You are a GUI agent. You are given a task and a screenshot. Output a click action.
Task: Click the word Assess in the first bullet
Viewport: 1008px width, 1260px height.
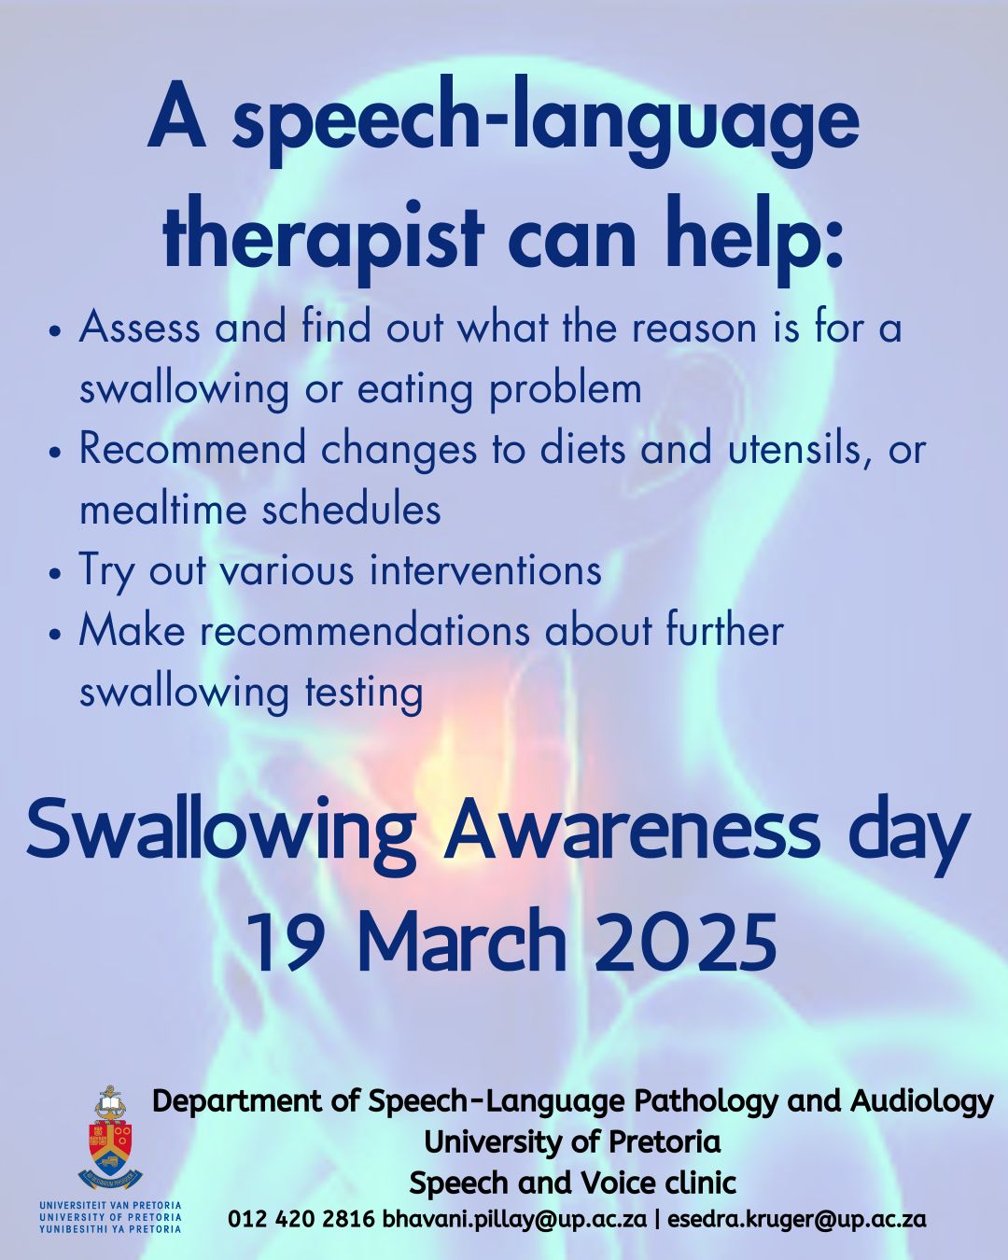139,328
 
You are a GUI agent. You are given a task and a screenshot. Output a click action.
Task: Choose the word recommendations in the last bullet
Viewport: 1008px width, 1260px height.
365,631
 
